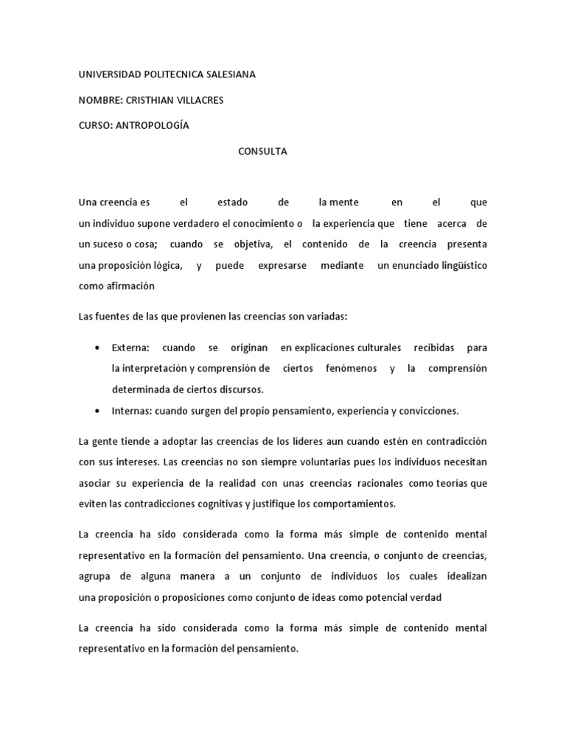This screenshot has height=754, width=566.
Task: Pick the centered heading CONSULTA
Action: [x=262, y=151]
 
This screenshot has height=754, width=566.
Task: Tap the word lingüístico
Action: [x=462, y=265]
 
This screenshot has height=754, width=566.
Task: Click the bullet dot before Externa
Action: [x=98, y=348]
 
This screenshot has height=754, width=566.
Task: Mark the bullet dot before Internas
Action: [x=98, y=410]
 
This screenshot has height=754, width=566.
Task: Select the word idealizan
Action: [x=463, y=577]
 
